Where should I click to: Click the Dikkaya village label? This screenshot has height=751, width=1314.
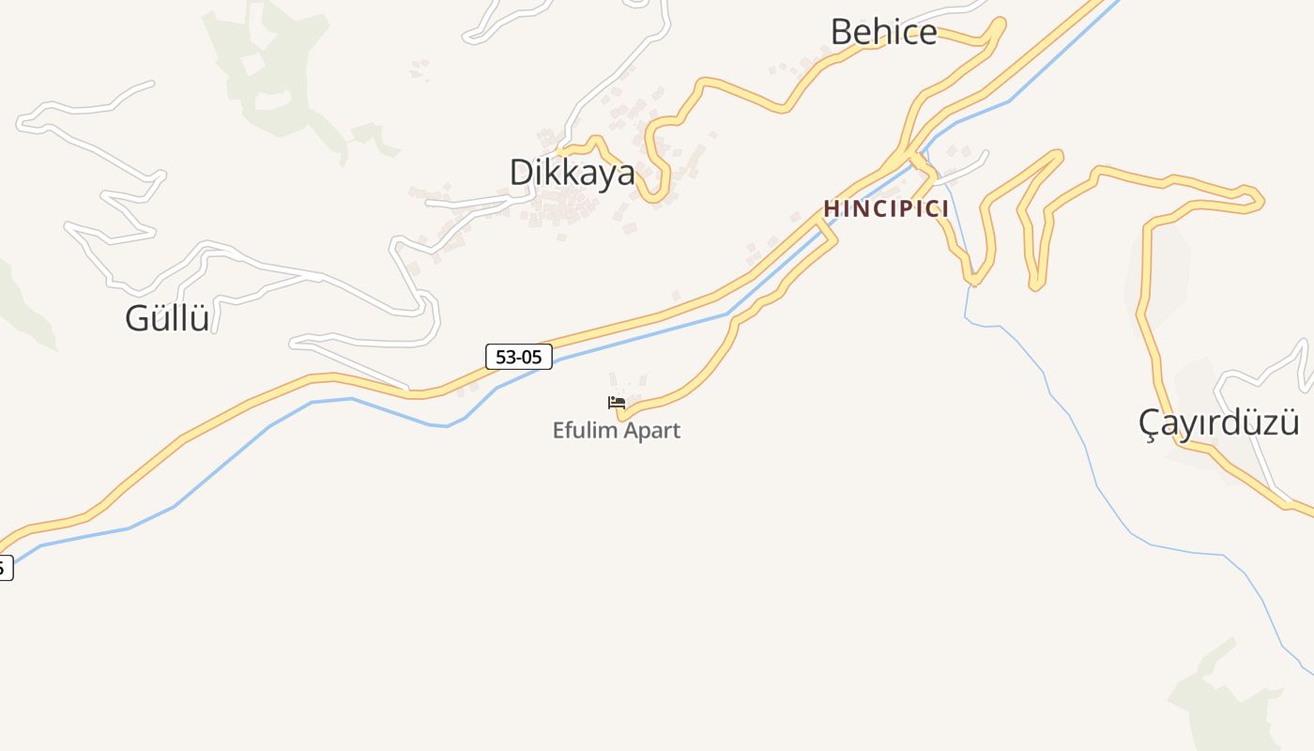click(x=572, y=173)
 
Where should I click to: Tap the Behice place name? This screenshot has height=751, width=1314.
click(x=883, y=32)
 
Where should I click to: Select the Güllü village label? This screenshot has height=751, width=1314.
click(x=167, y=318)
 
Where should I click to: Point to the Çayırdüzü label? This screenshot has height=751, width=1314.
click(x=1218, y=422)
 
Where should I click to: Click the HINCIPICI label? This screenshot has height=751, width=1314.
click(x=886, y=208)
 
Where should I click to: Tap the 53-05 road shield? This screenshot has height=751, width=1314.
click(x=519, y=357)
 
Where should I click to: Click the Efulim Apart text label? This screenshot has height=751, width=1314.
click(x=616, y=431)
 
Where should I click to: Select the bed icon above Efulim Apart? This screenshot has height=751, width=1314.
click(x=616, y=403)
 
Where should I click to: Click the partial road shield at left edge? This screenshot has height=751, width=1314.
click(x=5, y=567)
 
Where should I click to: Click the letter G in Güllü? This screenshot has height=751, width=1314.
click(x=137, y=318)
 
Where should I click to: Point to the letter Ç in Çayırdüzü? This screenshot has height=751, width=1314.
click(x=1150, y=423)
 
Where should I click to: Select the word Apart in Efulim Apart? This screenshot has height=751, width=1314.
click(x=649, y=431)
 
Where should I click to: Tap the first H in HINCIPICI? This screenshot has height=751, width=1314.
click(x=831, y=208)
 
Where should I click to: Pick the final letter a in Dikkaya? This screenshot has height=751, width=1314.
click(x=625, y=174)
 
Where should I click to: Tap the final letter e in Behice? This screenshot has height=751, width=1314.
click(x=927, y=33)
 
